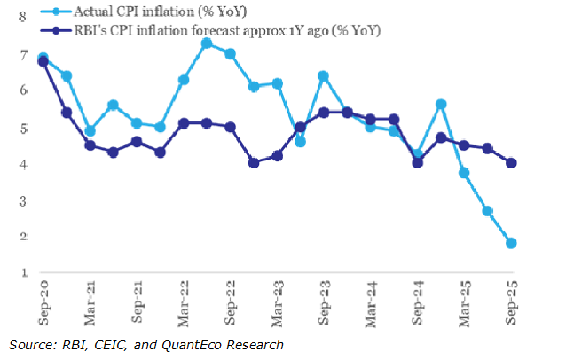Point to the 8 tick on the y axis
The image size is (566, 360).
(21, 17)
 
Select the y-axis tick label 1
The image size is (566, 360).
(21, 272)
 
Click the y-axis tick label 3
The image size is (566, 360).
(21, 200)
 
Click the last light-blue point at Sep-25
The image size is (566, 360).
(511, 243)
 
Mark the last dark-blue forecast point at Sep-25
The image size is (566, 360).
(511, 162)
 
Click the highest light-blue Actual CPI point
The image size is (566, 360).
(207, 43)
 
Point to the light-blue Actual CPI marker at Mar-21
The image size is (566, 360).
(90, 131)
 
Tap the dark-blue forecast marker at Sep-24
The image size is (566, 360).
(418, 162)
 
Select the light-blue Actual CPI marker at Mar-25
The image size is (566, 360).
(464, 173)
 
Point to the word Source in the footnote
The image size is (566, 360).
(29, 343)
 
